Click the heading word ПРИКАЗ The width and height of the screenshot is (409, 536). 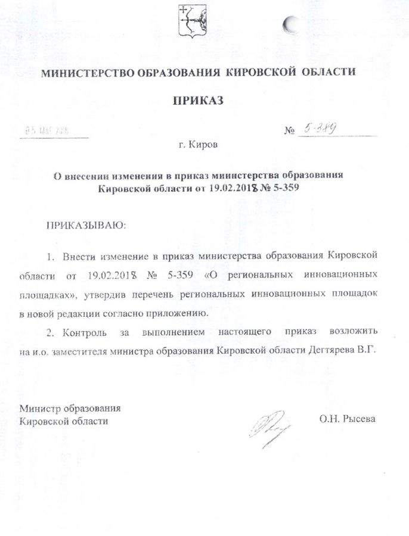click(x=197, y=101)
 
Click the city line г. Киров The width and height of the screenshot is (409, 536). click(x=198, y=145)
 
